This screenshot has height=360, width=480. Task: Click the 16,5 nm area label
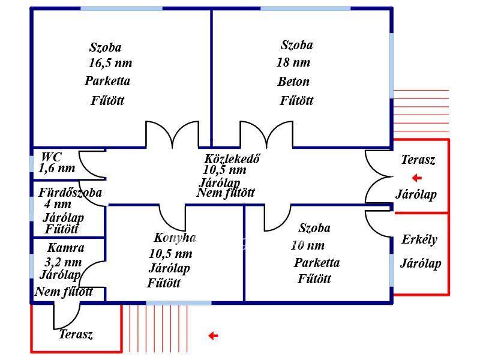point(110,63)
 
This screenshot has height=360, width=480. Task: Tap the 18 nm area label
point(293,62)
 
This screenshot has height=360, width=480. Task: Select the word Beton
point(293,82)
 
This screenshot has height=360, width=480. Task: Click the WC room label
point(51,157)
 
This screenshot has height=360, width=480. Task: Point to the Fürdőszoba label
point(70,193)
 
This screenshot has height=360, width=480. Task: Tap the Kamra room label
point(65,248)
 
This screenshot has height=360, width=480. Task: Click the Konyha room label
point(175,238)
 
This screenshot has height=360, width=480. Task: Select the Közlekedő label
point(232,160)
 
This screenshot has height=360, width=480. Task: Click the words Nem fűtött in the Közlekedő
point(226,193)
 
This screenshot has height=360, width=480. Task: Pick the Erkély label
point(419,240)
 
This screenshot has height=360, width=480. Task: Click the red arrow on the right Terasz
point(416,178)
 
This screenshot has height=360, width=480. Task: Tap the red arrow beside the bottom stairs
point(212,336)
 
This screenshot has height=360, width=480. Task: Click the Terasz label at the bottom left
point(76,335)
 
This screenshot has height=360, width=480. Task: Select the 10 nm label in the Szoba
point(307,245)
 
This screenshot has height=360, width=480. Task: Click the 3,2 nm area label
point(63,262)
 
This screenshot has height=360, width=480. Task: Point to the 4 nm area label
point(58,205)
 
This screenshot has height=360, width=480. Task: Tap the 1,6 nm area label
point(57,168)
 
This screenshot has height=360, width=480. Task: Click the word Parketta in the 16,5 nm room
point(107,81)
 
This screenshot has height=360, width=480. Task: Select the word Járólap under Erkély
point(421,263)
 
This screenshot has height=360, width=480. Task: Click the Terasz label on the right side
point(418,160)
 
